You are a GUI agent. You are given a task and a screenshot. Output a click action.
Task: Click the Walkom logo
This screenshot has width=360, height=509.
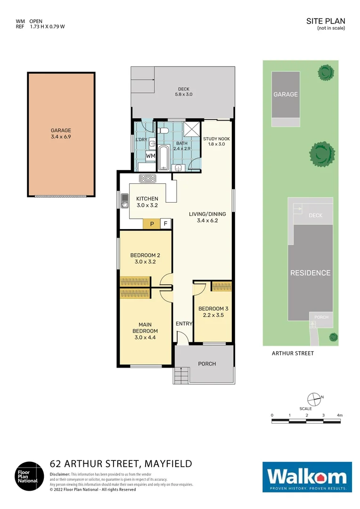(x=307, y=477)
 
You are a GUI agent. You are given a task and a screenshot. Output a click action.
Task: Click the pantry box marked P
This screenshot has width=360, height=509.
(x=152, y=224)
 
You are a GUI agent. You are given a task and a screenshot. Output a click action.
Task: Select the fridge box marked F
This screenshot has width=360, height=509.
(x=165, y=224)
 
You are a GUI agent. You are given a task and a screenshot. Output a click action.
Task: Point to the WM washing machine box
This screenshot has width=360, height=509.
(x=150, y=156)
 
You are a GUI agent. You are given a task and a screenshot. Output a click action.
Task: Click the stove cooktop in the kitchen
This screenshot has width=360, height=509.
(x=147, y=178)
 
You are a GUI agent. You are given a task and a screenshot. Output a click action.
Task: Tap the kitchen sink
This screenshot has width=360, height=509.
(x=124, y=202)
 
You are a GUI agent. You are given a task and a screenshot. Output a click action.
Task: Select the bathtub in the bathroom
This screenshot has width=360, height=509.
(x=163, y=157)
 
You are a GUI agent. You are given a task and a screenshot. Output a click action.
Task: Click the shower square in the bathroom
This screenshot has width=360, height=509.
(x=191, y=129)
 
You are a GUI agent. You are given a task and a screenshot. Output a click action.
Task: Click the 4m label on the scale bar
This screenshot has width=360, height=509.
(x=339, y=415)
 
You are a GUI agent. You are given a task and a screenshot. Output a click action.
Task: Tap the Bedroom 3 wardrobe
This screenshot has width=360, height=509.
(x=221, y=286)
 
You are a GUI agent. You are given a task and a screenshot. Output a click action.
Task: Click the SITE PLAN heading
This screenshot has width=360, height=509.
(x=326, y=21)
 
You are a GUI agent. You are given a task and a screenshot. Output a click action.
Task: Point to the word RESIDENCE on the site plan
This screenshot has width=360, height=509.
(x=310, y=273)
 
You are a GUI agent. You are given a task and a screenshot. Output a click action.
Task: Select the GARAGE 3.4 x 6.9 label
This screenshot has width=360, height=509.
(x=61, y=133)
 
